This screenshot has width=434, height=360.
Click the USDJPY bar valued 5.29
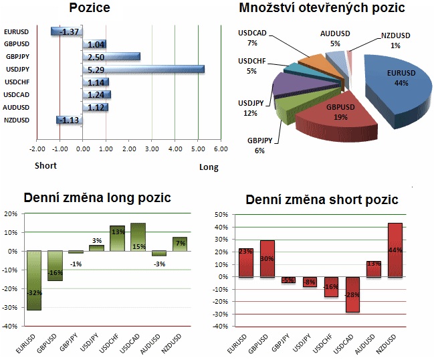pyautogui.click(x=142, y=69)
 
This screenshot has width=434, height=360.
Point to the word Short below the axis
pyautogui.click(x=45, y=165)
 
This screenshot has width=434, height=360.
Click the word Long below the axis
pyautogui.click(x=209, y=167)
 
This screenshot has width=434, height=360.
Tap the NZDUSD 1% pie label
pyautogui.click(x=395, y=40)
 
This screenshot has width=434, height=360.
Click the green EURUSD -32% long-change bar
pyautogui.click(x=33, y=280)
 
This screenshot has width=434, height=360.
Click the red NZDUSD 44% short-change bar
pyautogui.click(x=395, y=250)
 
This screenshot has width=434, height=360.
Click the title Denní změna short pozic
pyautogui.click(x=322, y=199)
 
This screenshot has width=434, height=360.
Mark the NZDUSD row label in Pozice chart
pyautogui.click(x=17, y=120)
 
